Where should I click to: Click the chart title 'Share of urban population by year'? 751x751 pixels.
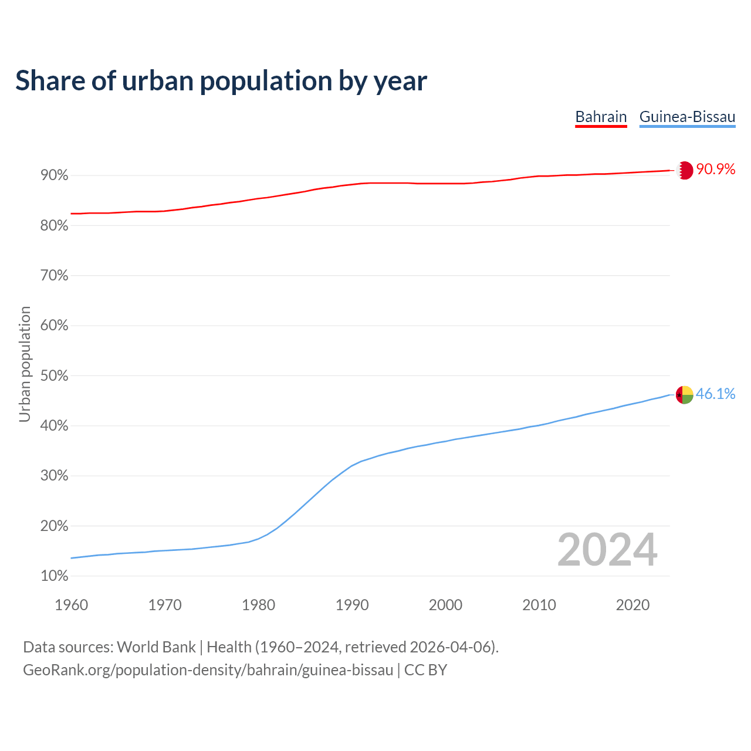pyautogui.click(x=221, y=81)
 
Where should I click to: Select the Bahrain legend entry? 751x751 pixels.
pyautogui.click(x=601, y=117)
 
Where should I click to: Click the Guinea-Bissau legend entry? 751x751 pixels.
pyautogui.click(x=687, y=117)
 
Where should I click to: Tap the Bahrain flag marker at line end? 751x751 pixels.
pyautogui.click(x=684, y=170)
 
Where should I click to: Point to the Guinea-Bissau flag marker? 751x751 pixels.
pyautogui.click(x=684, y=395)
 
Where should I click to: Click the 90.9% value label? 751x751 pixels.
pyautogui.click(x=715, y=170)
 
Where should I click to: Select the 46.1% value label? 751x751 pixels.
pyautogui.click(x=715, y=394)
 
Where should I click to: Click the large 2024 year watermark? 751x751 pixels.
pyautogui.click(x=607, y=550)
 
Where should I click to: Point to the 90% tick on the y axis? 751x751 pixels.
pyautogui.click(x=54, y=175)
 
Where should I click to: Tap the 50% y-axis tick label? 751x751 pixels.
pyautogui.click(x=54, y=375)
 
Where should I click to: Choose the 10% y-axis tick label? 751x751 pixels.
pyautogui.click(x=54, y=576)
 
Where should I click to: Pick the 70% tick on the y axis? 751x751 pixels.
pyautogui.click(x=54, y=276)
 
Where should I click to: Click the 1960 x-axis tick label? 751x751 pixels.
pyautogui.click(x=71, y=605)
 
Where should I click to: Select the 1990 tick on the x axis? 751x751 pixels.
pyautogui.click(x=352, y=605)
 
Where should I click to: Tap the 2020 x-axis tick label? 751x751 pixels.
pyautogui.click(x=632, y=605)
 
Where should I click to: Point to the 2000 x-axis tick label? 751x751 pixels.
pyautogui.click(x=445, y=605)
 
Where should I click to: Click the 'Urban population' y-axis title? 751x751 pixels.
pyautogui.click(x=25, y=364)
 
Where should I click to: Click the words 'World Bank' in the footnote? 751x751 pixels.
pyautogui.click(x=156, y=647)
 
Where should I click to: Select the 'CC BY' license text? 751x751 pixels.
pyautogui.click(x=425, y=670)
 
